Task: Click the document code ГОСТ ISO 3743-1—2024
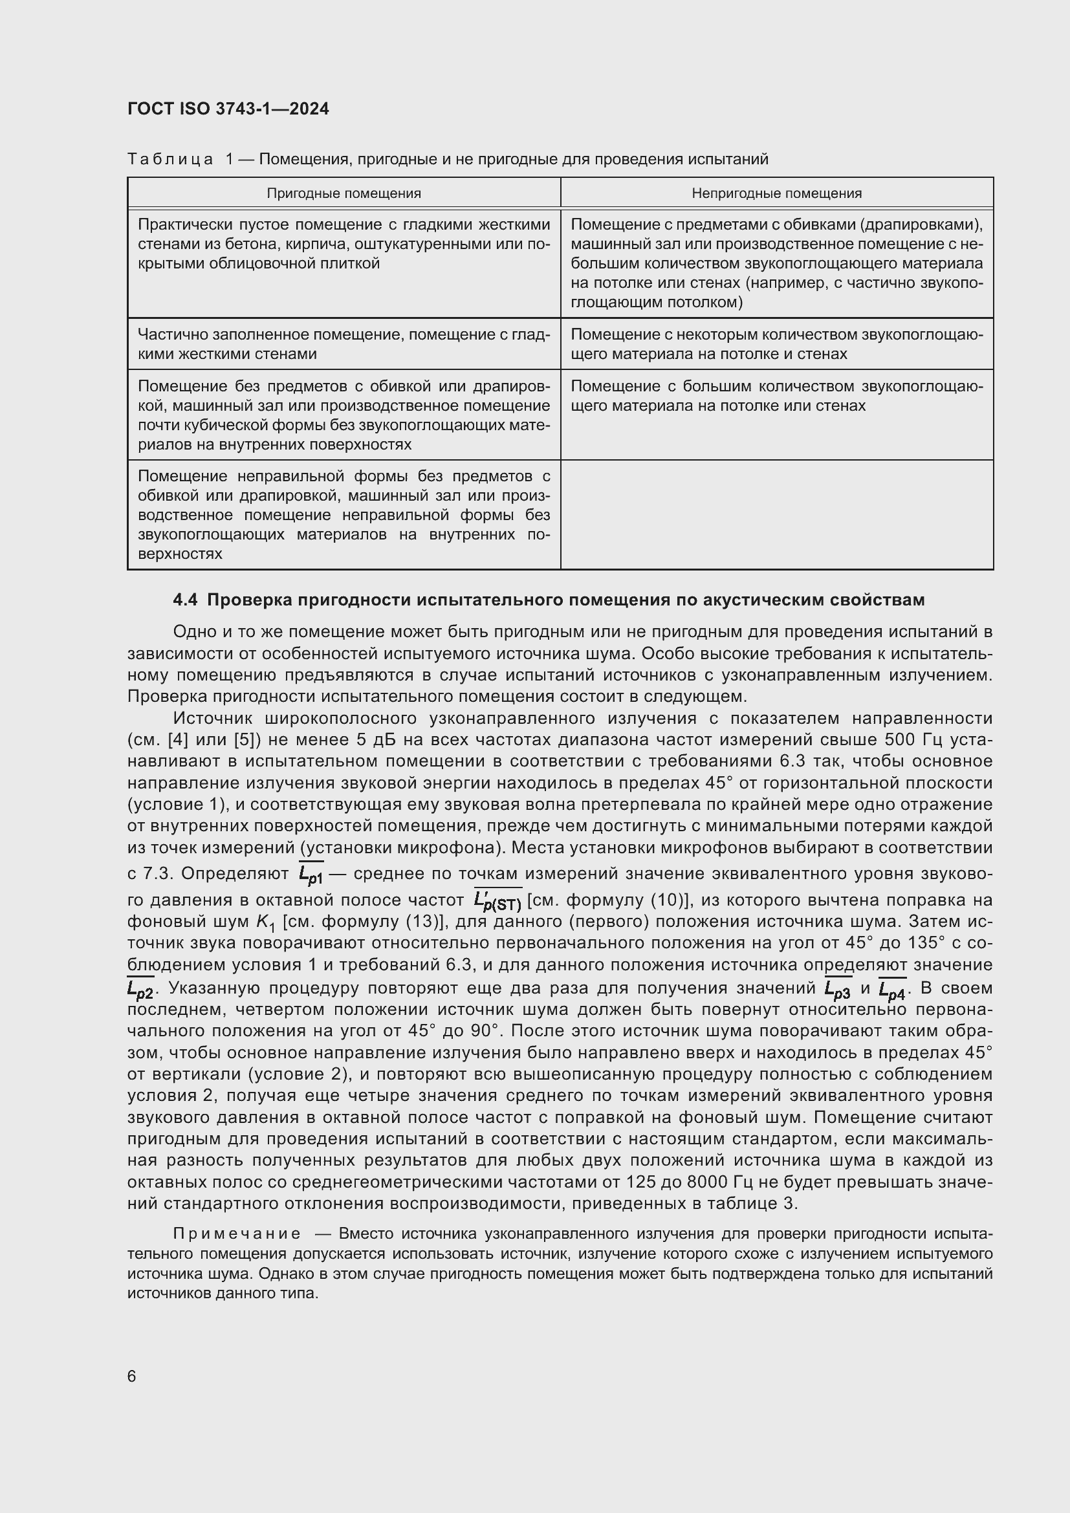(228, 109)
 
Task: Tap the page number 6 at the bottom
(132, 1376)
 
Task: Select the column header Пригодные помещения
(344, 193)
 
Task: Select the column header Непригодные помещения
(776, 193)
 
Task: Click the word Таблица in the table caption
(170, 159)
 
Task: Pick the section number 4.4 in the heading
(185, 600)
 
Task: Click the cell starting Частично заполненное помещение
(344, 344)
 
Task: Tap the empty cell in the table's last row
(776, 514)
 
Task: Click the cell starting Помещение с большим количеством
(776, 395)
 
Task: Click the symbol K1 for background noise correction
(265, 922)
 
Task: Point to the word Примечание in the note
(237, 1234)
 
